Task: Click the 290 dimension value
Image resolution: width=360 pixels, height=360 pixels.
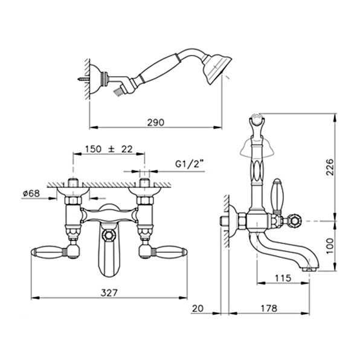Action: coord(156,123)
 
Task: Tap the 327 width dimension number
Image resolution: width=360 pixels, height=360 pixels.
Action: coord(109,293)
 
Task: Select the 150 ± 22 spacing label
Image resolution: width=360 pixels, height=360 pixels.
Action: coord(109,149)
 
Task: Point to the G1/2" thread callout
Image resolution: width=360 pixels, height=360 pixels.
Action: coord(190,164)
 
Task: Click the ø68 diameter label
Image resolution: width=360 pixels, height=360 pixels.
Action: coord(31,193)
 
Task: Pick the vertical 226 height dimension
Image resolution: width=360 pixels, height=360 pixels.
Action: coord(330,167)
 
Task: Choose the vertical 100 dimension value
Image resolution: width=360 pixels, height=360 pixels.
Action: coord(330,245)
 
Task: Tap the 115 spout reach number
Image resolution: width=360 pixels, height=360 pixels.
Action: coord(283,278)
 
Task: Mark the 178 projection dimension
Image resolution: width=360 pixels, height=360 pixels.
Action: coord(269,308)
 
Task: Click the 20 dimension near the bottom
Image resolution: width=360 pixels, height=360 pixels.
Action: coord(198,308)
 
